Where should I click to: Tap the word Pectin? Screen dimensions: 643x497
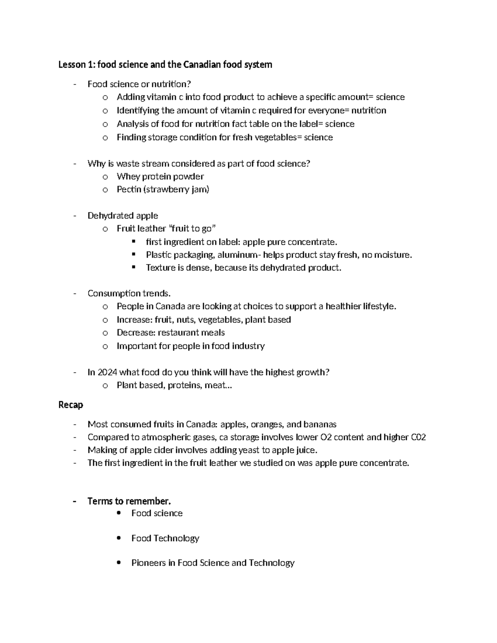[x=129, y=190]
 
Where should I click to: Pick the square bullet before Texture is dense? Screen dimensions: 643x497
[x=133, y=267]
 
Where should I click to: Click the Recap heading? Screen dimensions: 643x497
[x=71, y=405]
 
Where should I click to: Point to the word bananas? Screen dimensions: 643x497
[x=320, y=424]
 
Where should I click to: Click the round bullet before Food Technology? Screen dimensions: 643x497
[x=119, y=538]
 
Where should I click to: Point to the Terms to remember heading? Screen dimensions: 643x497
[x=129, y=501]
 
